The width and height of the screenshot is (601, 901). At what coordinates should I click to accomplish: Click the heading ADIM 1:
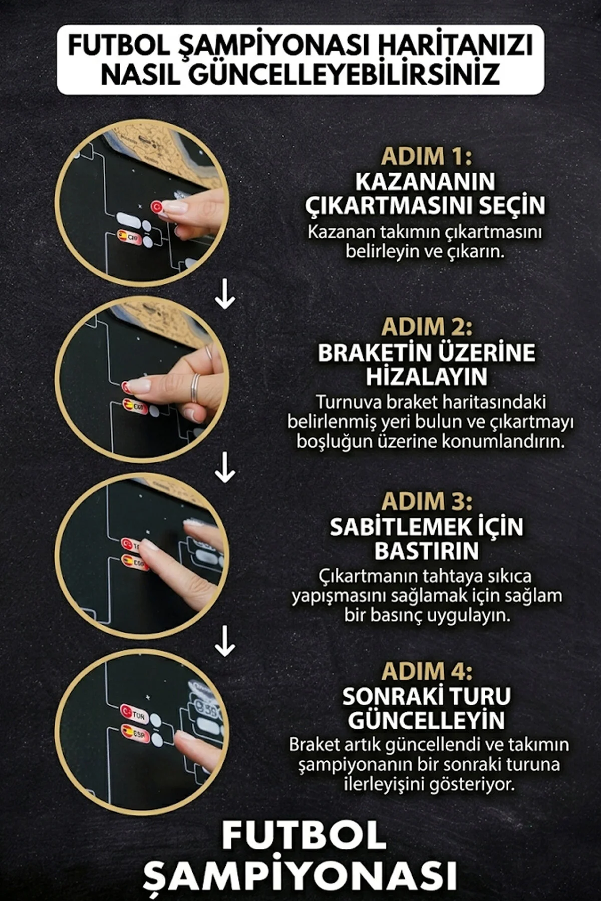[426, 157]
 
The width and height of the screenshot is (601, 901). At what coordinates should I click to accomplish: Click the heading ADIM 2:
[426, 328]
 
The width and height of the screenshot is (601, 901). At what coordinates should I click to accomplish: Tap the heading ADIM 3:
[426, 501]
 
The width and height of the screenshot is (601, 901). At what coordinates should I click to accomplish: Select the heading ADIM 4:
[426, 671]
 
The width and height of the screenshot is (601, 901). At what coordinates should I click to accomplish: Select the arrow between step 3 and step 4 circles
[225, 641]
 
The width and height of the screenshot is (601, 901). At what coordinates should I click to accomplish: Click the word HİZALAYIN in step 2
[426, 377]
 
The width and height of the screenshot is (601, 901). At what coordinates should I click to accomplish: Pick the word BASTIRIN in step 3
[426, 551]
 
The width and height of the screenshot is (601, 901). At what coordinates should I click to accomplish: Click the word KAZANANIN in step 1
[425, 182]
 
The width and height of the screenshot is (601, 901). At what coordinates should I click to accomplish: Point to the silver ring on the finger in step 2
[195, 387]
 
